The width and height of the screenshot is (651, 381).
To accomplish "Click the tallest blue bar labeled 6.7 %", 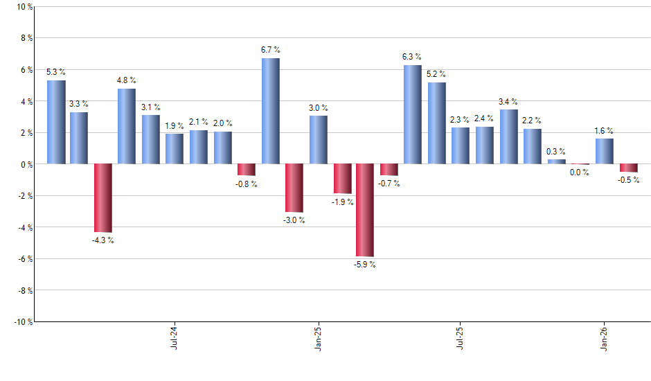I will (x=271, y=111).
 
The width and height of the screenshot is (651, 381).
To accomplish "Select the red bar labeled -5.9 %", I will (x=365, y=210).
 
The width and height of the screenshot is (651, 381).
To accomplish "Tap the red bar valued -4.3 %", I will (x=103, y=197).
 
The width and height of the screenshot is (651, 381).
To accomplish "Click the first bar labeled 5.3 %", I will (x=56, y=122).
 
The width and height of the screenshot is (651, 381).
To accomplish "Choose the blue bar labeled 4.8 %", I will (x=127, y=126).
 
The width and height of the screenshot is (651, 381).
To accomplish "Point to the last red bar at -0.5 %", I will (x=629, y=168).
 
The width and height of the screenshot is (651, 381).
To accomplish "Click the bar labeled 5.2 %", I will (x=436, y=123).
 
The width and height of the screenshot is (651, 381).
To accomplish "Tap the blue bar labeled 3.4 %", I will (x=508, y=136).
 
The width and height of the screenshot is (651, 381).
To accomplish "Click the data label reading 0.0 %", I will (x=580, y=173).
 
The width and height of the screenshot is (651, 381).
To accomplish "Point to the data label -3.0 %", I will (x=294, y=220).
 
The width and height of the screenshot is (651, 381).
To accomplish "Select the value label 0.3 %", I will (x=556, y=151).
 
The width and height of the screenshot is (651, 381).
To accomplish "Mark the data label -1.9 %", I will (x=342, y=202).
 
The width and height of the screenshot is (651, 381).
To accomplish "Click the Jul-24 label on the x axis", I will (x=173, y=337).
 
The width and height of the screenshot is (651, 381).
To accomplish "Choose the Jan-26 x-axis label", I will (x=605, y=337).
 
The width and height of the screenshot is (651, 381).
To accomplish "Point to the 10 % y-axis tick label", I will (x=24, y=7).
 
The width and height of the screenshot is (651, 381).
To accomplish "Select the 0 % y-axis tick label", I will (x=26, y=164).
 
